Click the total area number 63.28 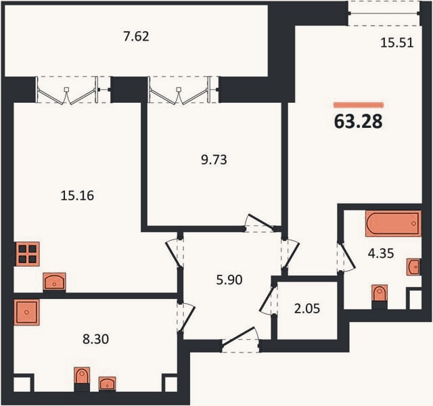(358, 121)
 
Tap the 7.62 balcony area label (136, 37)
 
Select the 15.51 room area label (397, 43)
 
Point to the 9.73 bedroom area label (214, 160)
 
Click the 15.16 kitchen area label (77, 196)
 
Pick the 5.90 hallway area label (229, 279)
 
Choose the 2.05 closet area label (307, 309)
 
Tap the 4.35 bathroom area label (381, 253)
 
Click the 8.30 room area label (96, 339)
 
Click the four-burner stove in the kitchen (28, 254)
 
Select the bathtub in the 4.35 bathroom (393, 223)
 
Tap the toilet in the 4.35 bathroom (380, 294)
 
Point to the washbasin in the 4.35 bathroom (413, 267)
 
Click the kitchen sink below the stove (54, 281)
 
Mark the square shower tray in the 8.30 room (26, 312)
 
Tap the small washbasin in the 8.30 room (107, 384)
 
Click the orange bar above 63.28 (359, 105)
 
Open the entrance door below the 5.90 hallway (240, 340)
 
